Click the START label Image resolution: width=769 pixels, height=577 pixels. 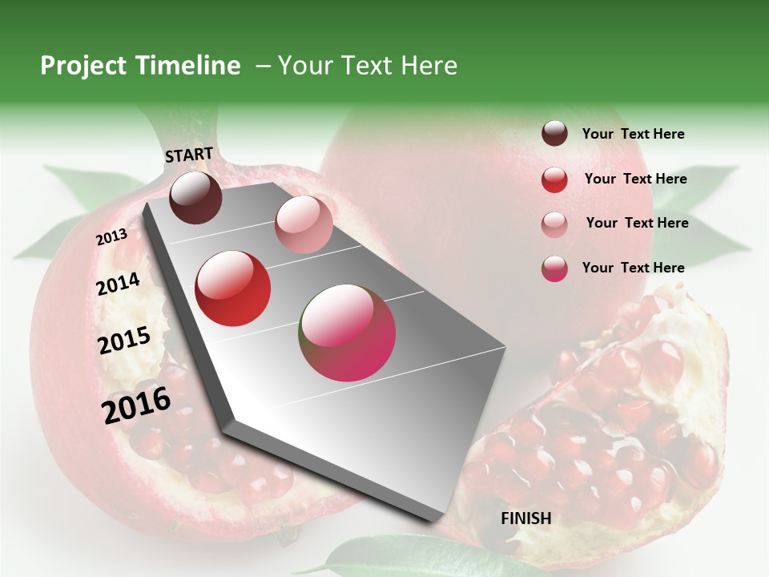pyautogui.click(x=189, y=155)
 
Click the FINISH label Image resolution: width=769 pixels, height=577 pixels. pyautogui.click(x=525, y=518)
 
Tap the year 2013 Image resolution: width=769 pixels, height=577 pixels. pyautogui.click(x=111, y=237)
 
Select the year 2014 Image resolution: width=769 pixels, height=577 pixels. pyautogui.click(x=118, y=284)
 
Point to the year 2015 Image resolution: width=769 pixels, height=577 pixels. pyautogui.click(x=124, y=341)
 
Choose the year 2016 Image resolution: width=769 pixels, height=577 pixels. pyautogui.click(x=136, y=406)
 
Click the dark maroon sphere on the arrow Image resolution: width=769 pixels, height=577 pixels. pyautogui.click(x=195, y=197)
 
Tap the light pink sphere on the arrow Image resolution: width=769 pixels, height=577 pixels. pyautogui.click(x=304, y=224)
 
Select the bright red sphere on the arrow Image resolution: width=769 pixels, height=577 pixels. pyautogui.click(x=233, y=288)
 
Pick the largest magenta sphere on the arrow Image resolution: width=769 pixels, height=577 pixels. pyautogui.click(x=348, y=333)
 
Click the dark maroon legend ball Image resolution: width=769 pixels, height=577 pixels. pyautogui.click(x=554, y=134)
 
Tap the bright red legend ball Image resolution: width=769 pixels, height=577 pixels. pyautogui.click(x=554, y=180)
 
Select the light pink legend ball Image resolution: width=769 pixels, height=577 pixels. pyautogui.click(x=554, y=224)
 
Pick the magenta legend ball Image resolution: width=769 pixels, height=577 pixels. pyautogui.click(x=554, y=268)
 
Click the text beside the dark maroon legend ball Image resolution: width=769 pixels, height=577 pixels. pyautogui.click(x=633, y=135)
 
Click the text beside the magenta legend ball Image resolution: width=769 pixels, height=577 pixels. pyautogui.click(x=633, y=268)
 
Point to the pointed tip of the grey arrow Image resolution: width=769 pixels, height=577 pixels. pyautogui.click(x=437, y=519)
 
